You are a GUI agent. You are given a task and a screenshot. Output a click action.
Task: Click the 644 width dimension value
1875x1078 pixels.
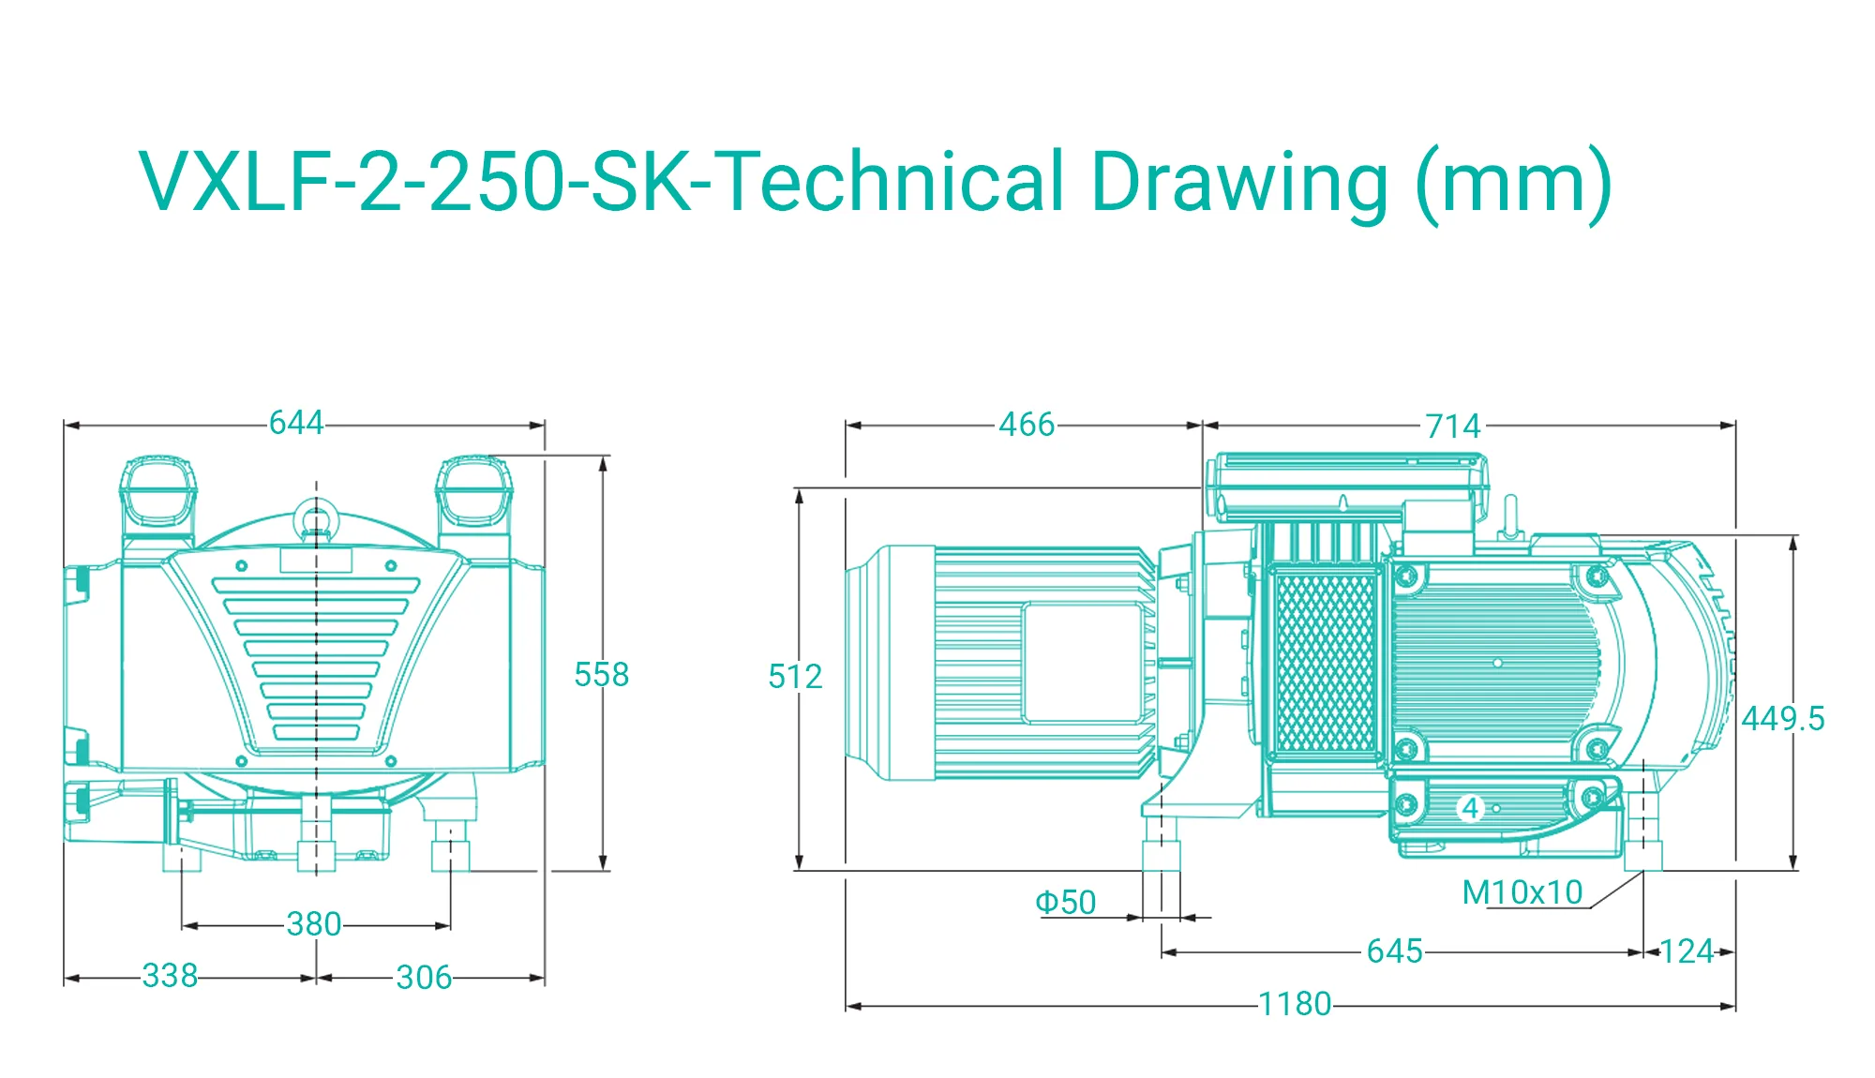[296, 423]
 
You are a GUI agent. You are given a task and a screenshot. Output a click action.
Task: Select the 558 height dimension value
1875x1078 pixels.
[602, 674]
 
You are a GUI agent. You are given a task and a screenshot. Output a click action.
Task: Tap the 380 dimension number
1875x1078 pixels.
[314, 924]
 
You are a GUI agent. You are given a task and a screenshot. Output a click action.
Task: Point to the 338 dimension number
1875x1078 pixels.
[170, 975]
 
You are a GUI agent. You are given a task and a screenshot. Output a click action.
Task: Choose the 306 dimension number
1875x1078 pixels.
[424, 977]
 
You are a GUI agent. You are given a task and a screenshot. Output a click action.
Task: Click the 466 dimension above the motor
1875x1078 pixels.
[1027, 425]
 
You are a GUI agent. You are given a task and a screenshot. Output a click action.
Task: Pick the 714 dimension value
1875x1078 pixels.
[1453, 427]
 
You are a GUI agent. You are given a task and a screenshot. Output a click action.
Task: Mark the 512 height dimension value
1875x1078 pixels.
[795, 676]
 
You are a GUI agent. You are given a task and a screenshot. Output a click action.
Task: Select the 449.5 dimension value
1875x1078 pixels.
[1783, 719]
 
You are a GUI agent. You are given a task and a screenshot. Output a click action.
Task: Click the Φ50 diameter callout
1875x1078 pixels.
[1066, 902]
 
